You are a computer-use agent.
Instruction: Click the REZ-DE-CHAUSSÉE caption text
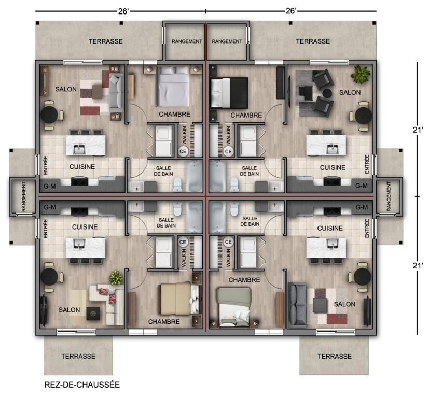83,385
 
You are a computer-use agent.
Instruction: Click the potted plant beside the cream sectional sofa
115,278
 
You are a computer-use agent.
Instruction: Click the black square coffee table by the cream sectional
93,312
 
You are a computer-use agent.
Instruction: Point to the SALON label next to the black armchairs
350,92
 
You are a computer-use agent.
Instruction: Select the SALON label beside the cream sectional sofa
69,310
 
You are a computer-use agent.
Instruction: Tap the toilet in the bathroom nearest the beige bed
177,209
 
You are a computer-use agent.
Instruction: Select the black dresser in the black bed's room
280,82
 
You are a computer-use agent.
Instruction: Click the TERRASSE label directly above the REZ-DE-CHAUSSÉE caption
78,357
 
